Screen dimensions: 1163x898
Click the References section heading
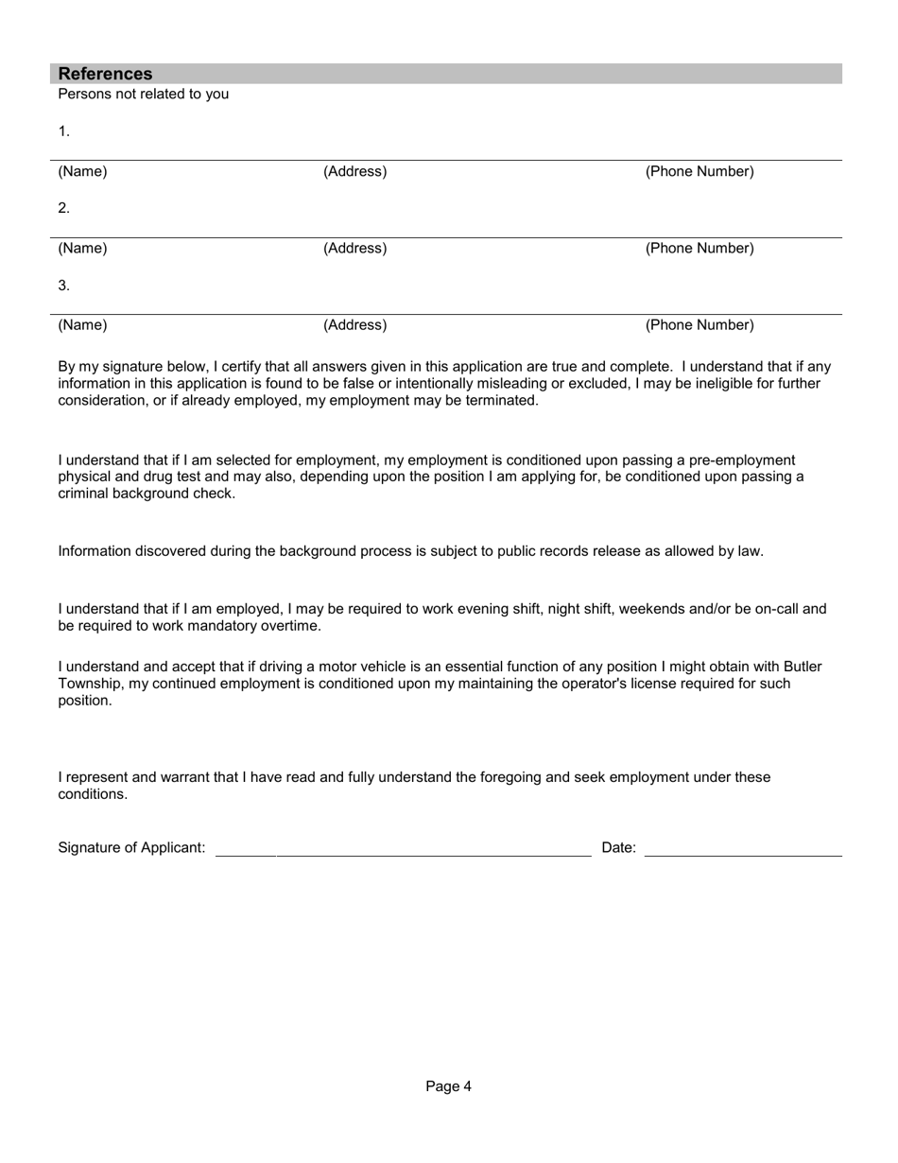[105, 74]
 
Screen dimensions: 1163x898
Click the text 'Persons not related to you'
[143, 95]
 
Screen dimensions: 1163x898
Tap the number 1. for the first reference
[63, 131]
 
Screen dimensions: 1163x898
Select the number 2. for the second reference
[63, 208]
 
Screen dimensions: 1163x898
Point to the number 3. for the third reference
[63, 285]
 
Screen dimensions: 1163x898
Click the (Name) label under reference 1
[82, 172]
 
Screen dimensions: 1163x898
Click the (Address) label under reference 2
[354, 249]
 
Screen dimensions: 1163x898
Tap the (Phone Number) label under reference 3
[699, 325]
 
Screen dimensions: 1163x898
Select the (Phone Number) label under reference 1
[699, 172]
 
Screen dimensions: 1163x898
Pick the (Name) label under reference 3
[82, 325]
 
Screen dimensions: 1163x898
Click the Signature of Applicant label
[131, 848]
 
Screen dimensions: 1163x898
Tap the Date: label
[618, 848]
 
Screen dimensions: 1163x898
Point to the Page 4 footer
[448, 1086]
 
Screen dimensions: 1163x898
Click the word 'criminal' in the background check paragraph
[84, 494]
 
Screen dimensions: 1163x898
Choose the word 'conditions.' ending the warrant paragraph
[93, 794]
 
